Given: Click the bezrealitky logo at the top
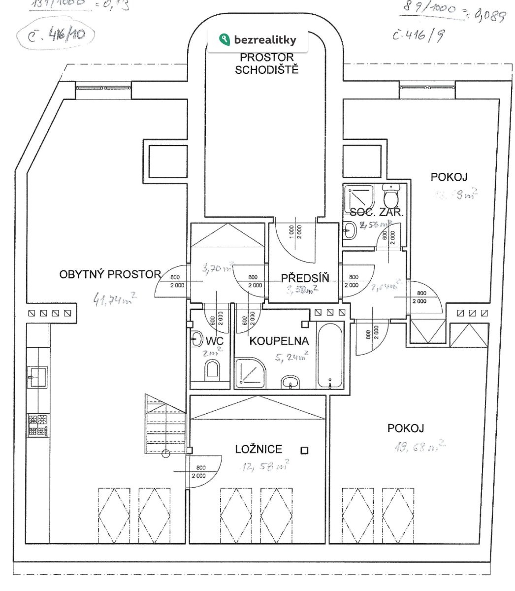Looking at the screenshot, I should coord(257,39).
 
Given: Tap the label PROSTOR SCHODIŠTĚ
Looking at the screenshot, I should coord(267,63).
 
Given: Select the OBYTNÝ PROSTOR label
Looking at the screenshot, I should coord(110,274).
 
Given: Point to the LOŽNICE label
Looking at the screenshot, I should coord(258,449).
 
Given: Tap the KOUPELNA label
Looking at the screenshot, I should coord(279,341).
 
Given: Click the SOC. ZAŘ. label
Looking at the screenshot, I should coord(376,213).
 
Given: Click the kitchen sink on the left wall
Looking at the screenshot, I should coord(36,377).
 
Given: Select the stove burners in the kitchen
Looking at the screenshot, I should coord(38,426).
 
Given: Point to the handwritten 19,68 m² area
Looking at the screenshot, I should coord(419,447).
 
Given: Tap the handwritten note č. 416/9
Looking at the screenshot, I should coord(417,36).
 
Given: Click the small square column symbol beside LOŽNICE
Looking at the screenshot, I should coord(305,450).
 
